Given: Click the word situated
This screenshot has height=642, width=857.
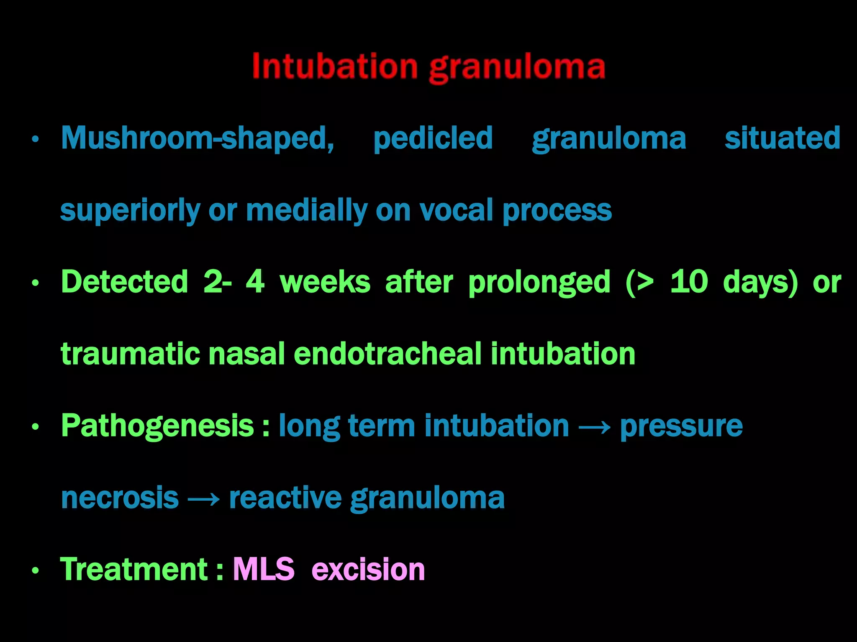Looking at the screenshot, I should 783,138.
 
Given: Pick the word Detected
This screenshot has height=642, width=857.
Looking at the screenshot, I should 125,282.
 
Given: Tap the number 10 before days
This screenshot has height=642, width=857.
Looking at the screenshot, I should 689,282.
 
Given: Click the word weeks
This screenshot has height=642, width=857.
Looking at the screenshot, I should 325,282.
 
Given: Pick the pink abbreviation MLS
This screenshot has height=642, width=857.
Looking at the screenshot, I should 264,569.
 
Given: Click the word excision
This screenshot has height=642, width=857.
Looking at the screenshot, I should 368,569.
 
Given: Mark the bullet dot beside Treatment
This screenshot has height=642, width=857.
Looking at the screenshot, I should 36,571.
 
